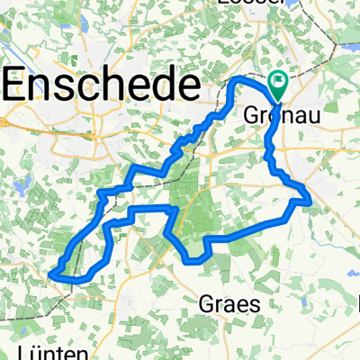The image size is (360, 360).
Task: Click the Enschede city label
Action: pyautogui.click(x=101, y=86)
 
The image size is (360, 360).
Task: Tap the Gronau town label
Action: pyautogui.click(x=277, y=116)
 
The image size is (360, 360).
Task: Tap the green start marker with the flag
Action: pyautogui.click(x=277, y=84)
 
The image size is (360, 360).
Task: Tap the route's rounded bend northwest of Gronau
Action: pyautogui.click(x=237, y=82)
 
